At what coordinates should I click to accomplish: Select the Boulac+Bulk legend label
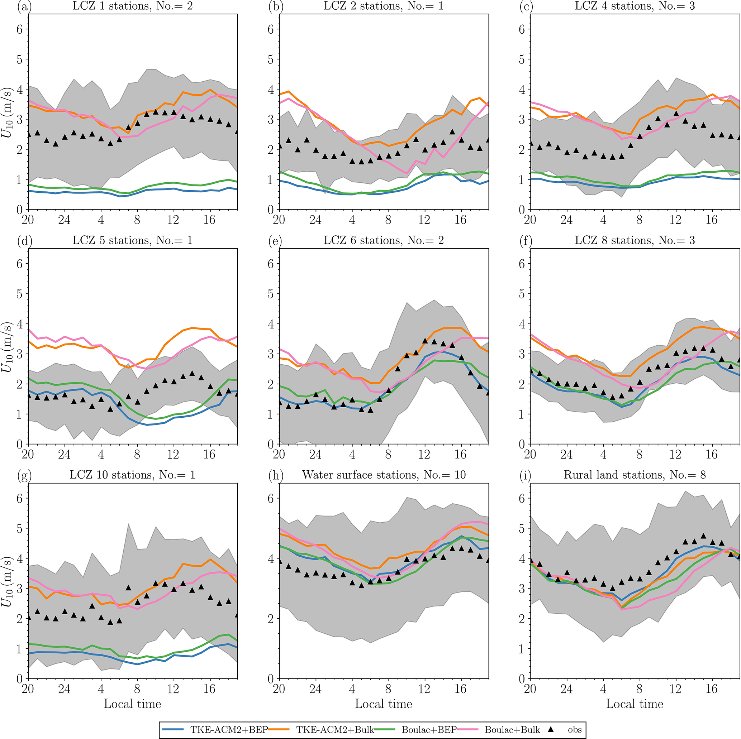pyautogui.click(x=512, y=729)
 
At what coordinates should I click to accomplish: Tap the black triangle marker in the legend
pyautogui.click(x=551, y=729)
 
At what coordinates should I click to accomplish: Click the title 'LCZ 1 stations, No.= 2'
pyautogui.click(x=132, y=6)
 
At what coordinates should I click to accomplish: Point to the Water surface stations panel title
pyautogui.click(x=384, y=475)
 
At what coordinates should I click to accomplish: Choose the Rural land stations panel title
pyautogui.click(x=635, y=475)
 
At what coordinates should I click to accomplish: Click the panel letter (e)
pyautogui.click(x=275, y=241)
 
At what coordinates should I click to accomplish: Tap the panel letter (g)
pyautogui.click(x=24, y=475)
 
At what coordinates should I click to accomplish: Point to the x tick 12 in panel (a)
pyautogui.click(x=173, y=220)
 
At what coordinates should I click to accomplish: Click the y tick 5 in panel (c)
pyautogui.click(x=522, y=59)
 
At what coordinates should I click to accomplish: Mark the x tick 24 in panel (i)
pyautogui.click(x=566, y=689)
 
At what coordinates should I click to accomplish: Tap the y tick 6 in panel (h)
pyautogui.click(x=271, y=498)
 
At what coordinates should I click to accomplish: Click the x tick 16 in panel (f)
pyautogui.click(x=712, y=454)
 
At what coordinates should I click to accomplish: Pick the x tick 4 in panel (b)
pyautogui.click(x=352, y=220)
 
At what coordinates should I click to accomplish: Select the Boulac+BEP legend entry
pyautogui.click(x=429, y=729)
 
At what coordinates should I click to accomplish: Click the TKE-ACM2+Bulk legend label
pyautogui.click(x=335, y=729)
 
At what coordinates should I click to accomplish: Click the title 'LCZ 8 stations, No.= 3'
pyautogui.click(x=635, y=240)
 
